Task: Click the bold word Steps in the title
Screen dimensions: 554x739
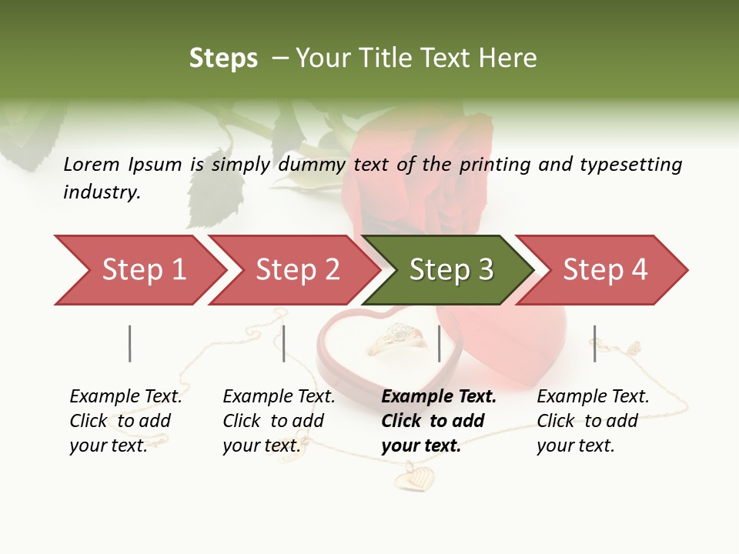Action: [223, 58]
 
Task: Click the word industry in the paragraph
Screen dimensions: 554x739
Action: [101, 192]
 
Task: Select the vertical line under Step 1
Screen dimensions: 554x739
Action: [130, 343]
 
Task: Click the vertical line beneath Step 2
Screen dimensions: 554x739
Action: [284, 343]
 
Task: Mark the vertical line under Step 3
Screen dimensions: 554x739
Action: [439, 343]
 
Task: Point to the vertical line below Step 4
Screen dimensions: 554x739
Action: [594, 343]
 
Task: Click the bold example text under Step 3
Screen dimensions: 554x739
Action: [438, 421]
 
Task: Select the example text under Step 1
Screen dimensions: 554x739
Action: [125, 421]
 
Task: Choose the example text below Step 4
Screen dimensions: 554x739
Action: [593, 421]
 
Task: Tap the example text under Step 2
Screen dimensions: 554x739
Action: [279, 421]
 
